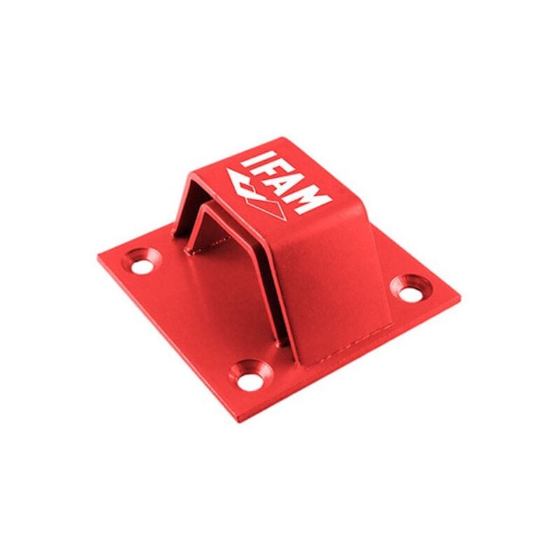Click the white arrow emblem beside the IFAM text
click(255, 194)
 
